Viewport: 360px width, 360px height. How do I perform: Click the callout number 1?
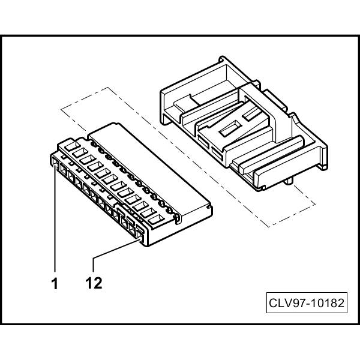pos(55,283)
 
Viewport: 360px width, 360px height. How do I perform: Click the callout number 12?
pos(94,283)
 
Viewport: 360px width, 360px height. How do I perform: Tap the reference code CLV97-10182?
pos(306,303)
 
